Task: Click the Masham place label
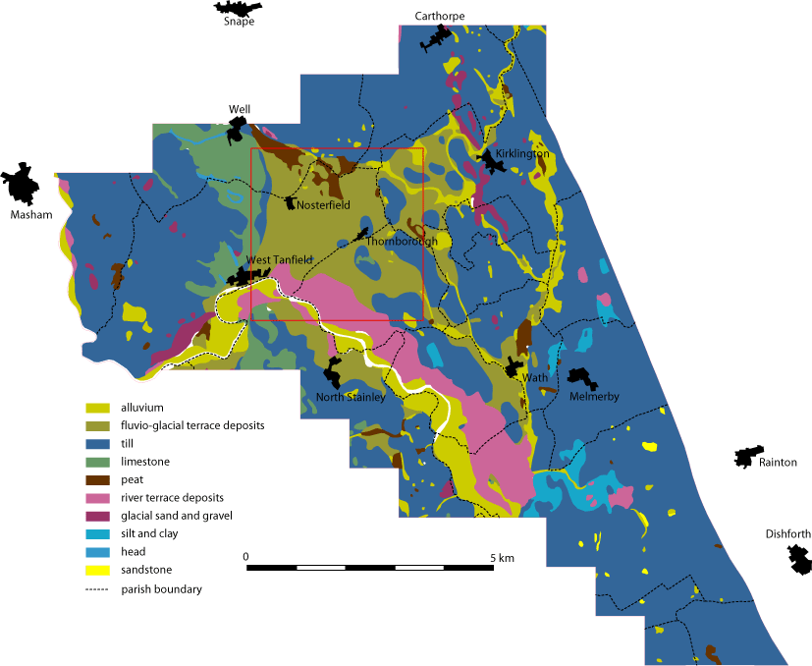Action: pos(29,215)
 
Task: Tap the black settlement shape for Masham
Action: pos(20,184)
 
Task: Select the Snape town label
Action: pos(239,22)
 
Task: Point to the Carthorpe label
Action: pos(439,16)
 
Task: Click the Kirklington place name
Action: pos(522,155)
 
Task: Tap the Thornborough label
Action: pos(402,242)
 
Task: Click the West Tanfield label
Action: pos(279,259)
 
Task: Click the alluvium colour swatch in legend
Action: pos(97,407)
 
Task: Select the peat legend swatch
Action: pos(97,479)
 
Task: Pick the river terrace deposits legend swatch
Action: pos(97,498)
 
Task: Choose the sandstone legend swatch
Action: pos(97,571)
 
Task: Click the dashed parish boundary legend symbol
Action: pos(97,589)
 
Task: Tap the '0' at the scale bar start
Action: pos(246,557)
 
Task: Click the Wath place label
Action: pos(535,378)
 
